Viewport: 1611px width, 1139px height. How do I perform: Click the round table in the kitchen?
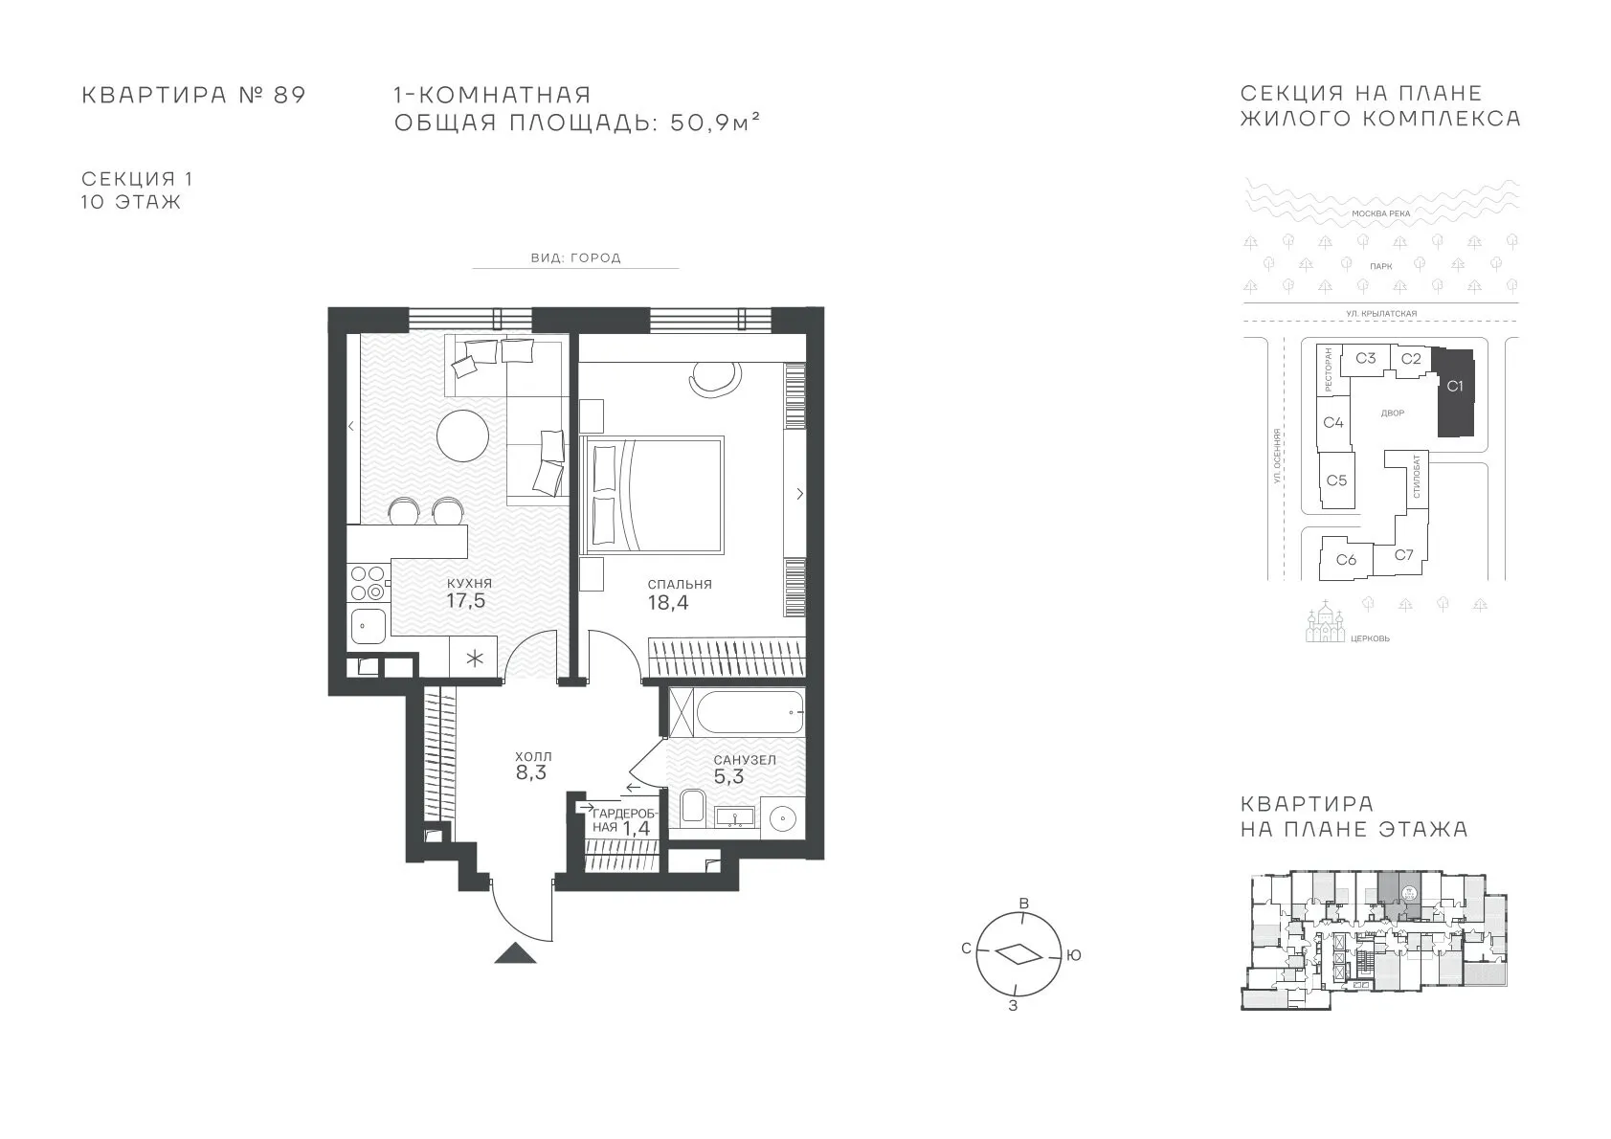click(x=462, y=435)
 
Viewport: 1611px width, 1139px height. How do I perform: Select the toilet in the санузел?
click(x=692, y=806)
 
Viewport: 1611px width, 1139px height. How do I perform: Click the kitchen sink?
click(x=368, y=626)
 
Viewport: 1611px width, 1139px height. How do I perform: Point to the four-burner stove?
click(x=368, y=583)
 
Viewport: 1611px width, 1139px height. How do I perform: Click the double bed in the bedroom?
click(x=652, y=495)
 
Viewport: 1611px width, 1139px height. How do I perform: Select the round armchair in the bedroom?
click(x=715, y=378)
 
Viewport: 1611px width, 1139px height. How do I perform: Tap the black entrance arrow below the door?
click(x=516, y=952)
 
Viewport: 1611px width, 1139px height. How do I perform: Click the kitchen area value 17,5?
click(x=466, y=601)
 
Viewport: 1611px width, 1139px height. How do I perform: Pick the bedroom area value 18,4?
click(x=668, y=603)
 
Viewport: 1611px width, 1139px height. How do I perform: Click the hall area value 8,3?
click(x=530, y=773)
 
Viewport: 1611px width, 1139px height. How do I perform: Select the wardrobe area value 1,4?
click(x=636, y=828)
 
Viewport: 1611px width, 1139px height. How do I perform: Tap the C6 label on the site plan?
click(x=1346, y=559)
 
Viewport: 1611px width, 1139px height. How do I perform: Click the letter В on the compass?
click(x=1024, y=904)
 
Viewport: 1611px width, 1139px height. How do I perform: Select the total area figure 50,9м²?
click(x=715, y=123)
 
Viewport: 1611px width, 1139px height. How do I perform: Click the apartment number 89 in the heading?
click(x=289, y=95)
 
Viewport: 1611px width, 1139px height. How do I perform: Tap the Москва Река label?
click(x=1381, y=213)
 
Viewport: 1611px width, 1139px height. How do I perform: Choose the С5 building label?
click(x=1336, y=480)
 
